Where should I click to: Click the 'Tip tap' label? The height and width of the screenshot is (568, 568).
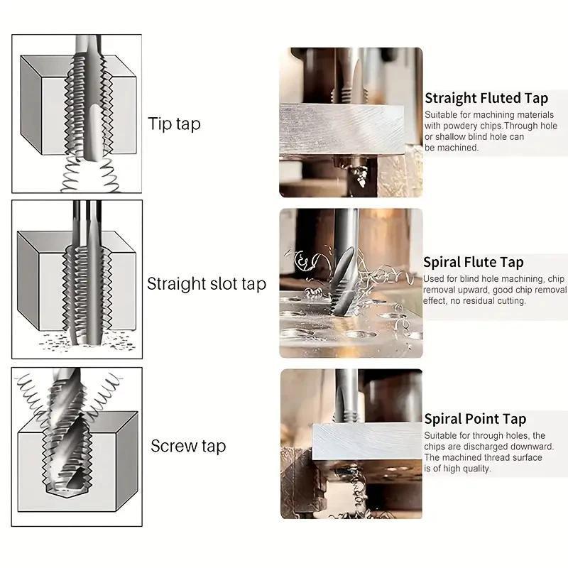(174, 124)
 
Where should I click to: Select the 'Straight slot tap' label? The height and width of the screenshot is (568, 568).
(207, 283)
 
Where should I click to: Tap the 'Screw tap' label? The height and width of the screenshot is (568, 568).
(188, 446)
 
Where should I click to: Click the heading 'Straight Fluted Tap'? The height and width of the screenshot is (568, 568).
(486, 99)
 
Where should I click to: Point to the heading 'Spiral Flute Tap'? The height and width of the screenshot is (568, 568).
(474, 262)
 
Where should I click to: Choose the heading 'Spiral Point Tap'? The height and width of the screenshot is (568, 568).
(475, 419)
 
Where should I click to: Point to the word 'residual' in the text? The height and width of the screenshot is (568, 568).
(478, 301)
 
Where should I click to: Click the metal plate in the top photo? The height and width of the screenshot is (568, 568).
(342, 129)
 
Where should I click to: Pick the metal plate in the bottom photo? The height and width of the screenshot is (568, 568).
(367, 441)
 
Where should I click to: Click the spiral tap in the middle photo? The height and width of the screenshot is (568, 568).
(344, 280)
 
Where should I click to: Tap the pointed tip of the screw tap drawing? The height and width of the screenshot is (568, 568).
(74, 484)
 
